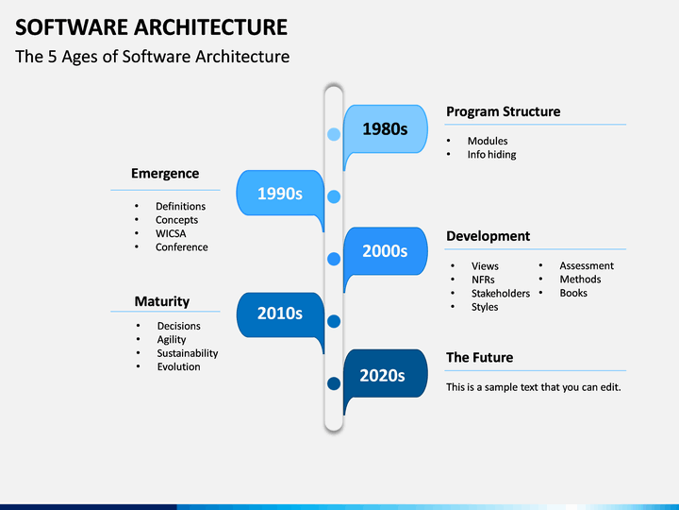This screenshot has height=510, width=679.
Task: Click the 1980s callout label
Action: click(x=386, y=129)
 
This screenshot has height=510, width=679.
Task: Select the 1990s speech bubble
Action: click(x=280, y=194)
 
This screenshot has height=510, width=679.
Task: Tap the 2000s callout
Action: click(x=386, y=251)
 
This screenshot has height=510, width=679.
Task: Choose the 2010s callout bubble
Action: click(x=280, y=314)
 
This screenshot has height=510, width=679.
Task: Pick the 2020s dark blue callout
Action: click(x=386, y=374)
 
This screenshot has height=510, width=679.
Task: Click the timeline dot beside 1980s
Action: click(x=334, y=134)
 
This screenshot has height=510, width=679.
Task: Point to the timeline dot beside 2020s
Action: click(x=334, y=383)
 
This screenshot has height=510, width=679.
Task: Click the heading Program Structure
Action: click(x=504, y=111)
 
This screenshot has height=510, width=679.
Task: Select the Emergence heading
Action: click(x=165, y=174)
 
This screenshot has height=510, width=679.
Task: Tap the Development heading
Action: click(x=489, y=236)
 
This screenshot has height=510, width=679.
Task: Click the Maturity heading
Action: click(x=162, y=301)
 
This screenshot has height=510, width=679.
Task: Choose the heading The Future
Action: click(x=479, y=357)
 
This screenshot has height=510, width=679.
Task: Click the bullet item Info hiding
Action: click(x=491, y=154)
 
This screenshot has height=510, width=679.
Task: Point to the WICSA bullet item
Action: click(x=171, y=233)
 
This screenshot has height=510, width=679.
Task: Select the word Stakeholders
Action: click(x=501, y=293)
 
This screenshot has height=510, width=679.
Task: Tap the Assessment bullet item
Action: click(x=587, y=265)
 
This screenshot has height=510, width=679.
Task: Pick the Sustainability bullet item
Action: click(x=188, y=353)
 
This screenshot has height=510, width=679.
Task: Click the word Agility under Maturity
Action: click(x=172, y=340)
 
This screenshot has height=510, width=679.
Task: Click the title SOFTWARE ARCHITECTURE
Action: click(x=151, y=26)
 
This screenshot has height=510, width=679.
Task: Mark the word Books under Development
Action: click(x=573, y=293)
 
